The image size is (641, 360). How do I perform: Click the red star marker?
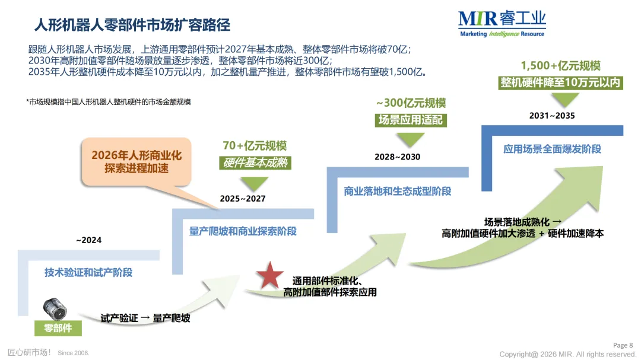[270, 276]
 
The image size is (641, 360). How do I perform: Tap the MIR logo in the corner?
[502, 24]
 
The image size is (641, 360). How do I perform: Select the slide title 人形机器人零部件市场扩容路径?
[132, 25]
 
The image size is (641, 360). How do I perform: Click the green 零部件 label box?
[58, 328]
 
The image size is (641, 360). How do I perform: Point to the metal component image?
[55, 310]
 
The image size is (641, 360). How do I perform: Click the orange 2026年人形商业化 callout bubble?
[137, 162]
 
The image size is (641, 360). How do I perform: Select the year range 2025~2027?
[243, 199]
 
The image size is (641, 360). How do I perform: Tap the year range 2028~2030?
[397, 157]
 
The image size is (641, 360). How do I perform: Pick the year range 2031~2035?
[552, 116]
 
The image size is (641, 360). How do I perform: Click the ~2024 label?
[88, 240]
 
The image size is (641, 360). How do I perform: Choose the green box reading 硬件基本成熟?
[255, 163]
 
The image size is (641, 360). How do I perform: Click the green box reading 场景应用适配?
[411, 120]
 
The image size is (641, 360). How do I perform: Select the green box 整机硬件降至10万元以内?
[560, 82]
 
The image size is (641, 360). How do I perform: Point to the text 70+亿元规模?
[255, 145]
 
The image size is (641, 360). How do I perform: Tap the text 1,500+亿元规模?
[560, 66]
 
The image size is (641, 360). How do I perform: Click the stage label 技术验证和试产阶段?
[88, 273]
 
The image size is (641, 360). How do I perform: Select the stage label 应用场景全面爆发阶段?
[552, 149]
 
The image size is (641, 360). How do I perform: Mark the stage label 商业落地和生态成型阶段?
[397, 191]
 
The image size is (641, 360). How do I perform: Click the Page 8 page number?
[623, 345]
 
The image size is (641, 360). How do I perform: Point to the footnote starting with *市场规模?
[109, 102]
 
